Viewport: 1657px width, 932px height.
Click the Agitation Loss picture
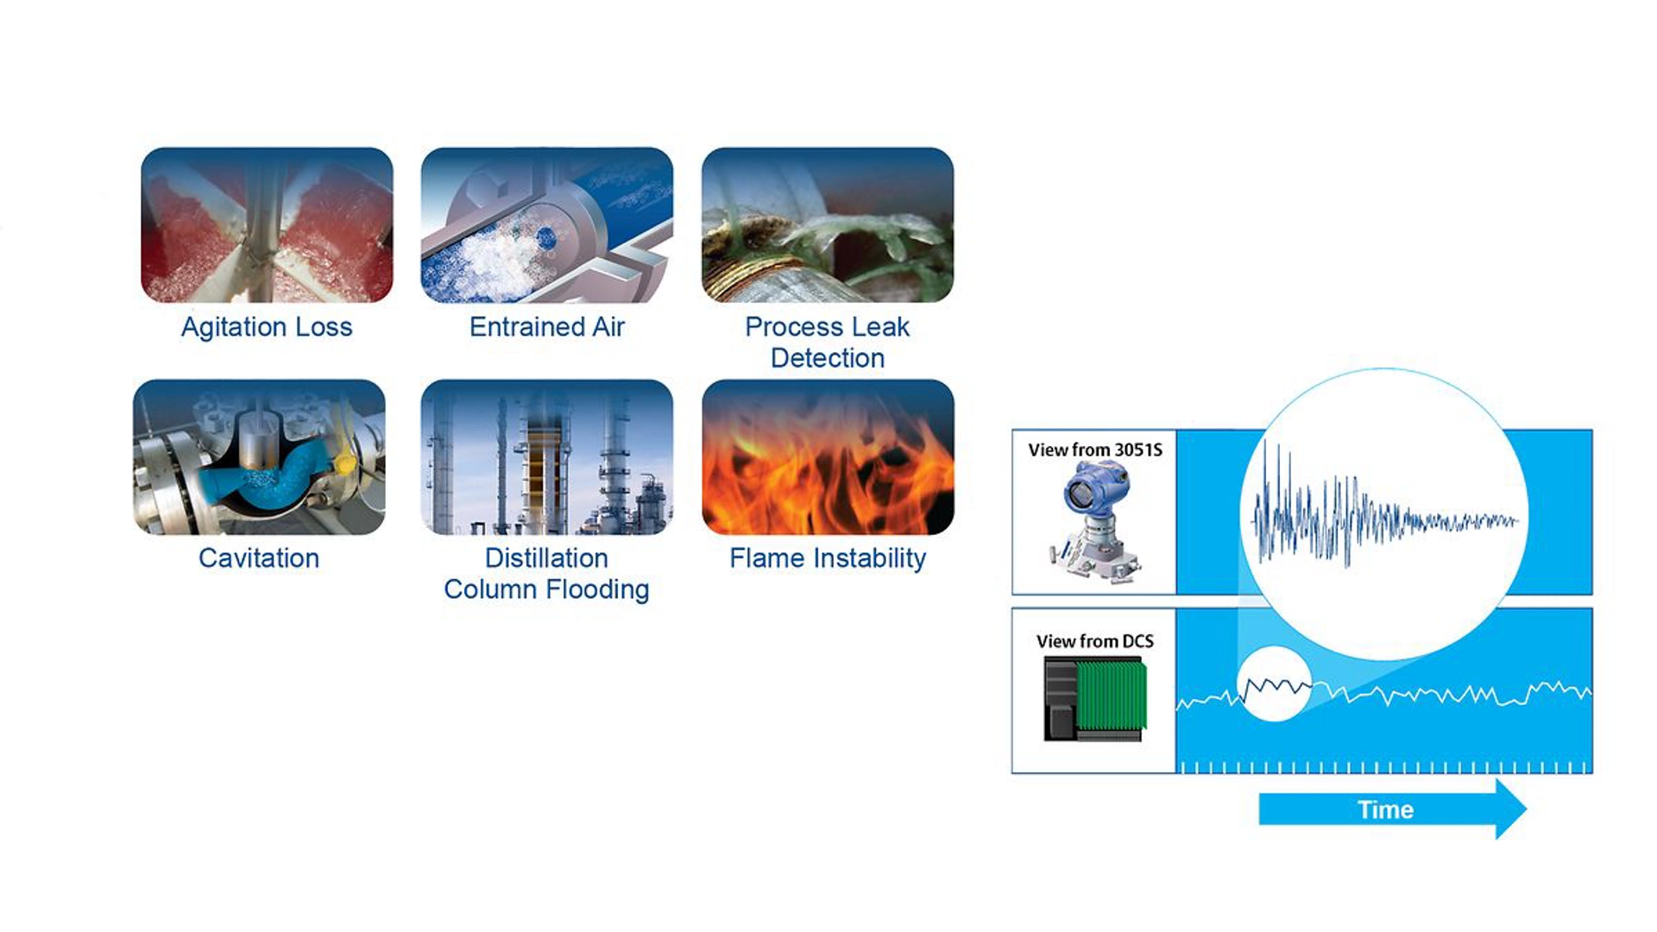267,224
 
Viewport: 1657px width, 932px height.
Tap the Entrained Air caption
546,327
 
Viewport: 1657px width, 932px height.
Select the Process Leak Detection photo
828,224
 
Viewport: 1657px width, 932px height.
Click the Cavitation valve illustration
259,457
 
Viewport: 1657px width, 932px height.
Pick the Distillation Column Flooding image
546,457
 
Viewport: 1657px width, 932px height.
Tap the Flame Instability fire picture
828,457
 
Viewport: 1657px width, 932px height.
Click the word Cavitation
259,558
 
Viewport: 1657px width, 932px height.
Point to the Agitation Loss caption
267,327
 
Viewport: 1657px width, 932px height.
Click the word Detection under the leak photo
828,358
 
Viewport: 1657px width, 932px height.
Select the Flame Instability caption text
828,558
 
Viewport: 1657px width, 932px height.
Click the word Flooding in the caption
599,589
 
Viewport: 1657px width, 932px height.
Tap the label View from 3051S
1094,450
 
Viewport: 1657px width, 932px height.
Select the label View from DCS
1094,641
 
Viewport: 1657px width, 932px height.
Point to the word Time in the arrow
1385,809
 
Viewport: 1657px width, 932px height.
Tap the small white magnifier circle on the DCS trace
1275,683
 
